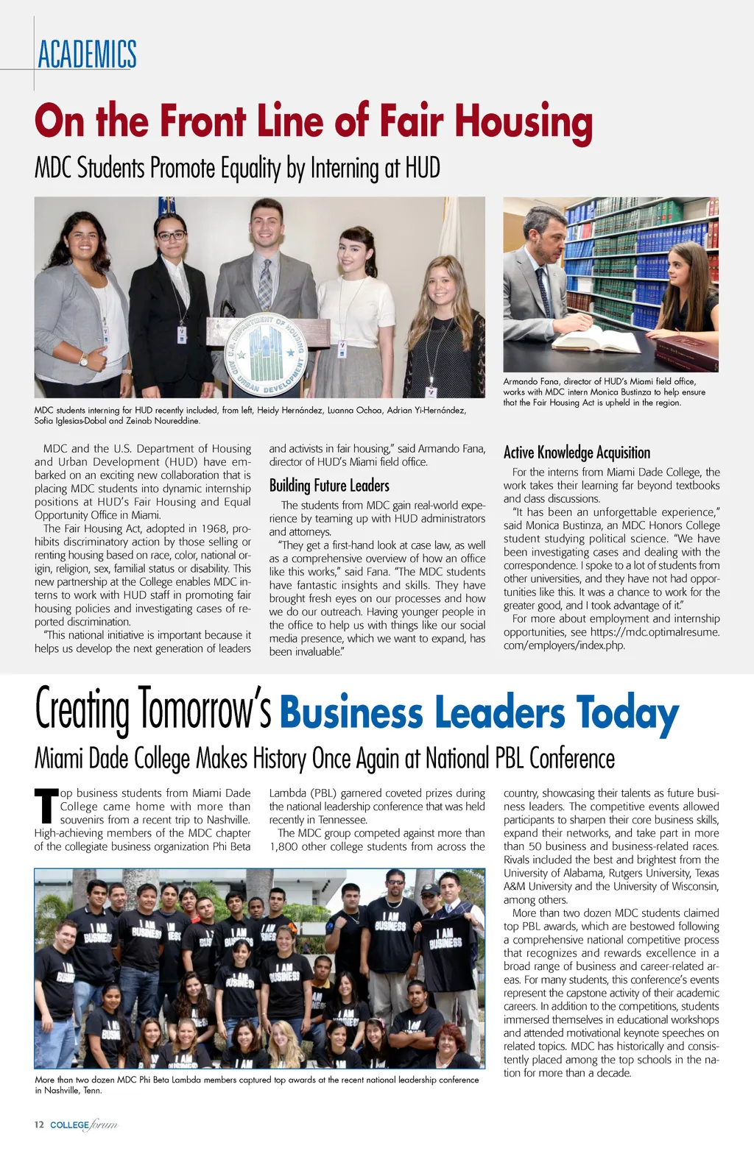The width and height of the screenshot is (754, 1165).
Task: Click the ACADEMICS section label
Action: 87,54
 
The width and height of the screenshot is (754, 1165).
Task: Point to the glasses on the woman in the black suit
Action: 171,236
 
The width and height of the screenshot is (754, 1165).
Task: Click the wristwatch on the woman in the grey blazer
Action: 84,360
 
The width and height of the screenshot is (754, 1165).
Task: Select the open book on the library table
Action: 596,337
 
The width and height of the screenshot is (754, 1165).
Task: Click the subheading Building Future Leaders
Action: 329,486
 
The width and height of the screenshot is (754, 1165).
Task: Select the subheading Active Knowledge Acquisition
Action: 577,453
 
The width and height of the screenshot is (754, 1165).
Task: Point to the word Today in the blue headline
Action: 627,713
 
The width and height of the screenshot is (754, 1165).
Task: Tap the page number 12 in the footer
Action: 39,1125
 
